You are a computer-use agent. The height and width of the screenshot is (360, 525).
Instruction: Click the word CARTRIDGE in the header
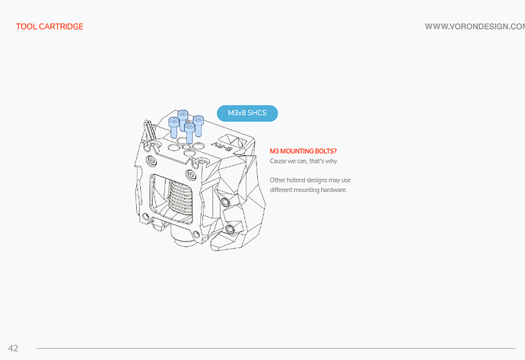coord(61,27)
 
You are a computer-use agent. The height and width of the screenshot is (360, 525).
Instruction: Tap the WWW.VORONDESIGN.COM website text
coord(475,27)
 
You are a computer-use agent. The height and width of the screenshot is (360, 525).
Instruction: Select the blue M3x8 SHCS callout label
coord(247,113)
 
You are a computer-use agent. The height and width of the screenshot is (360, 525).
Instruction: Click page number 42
coord(13,349)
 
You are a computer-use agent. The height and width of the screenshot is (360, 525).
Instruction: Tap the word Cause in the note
coord(278,161)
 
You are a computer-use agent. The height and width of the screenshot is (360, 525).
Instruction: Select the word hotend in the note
coord(296,180)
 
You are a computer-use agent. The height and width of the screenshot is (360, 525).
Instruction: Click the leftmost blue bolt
coord(173,127)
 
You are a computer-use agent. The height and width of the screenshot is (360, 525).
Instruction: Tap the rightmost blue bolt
coord(199,126)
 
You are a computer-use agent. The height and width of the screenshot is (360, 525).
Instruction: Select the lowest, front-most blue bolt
coord(189,133)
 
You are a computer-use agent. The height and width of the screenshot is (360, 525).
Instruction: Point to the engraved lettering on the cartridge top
coord(222,145)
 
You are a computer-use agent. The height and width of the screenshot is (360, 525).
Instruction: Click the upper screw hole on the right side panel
coord(224,201)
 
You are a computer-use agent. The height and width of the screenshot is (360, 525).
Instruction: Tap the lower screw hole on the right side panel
coord(230,229)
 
